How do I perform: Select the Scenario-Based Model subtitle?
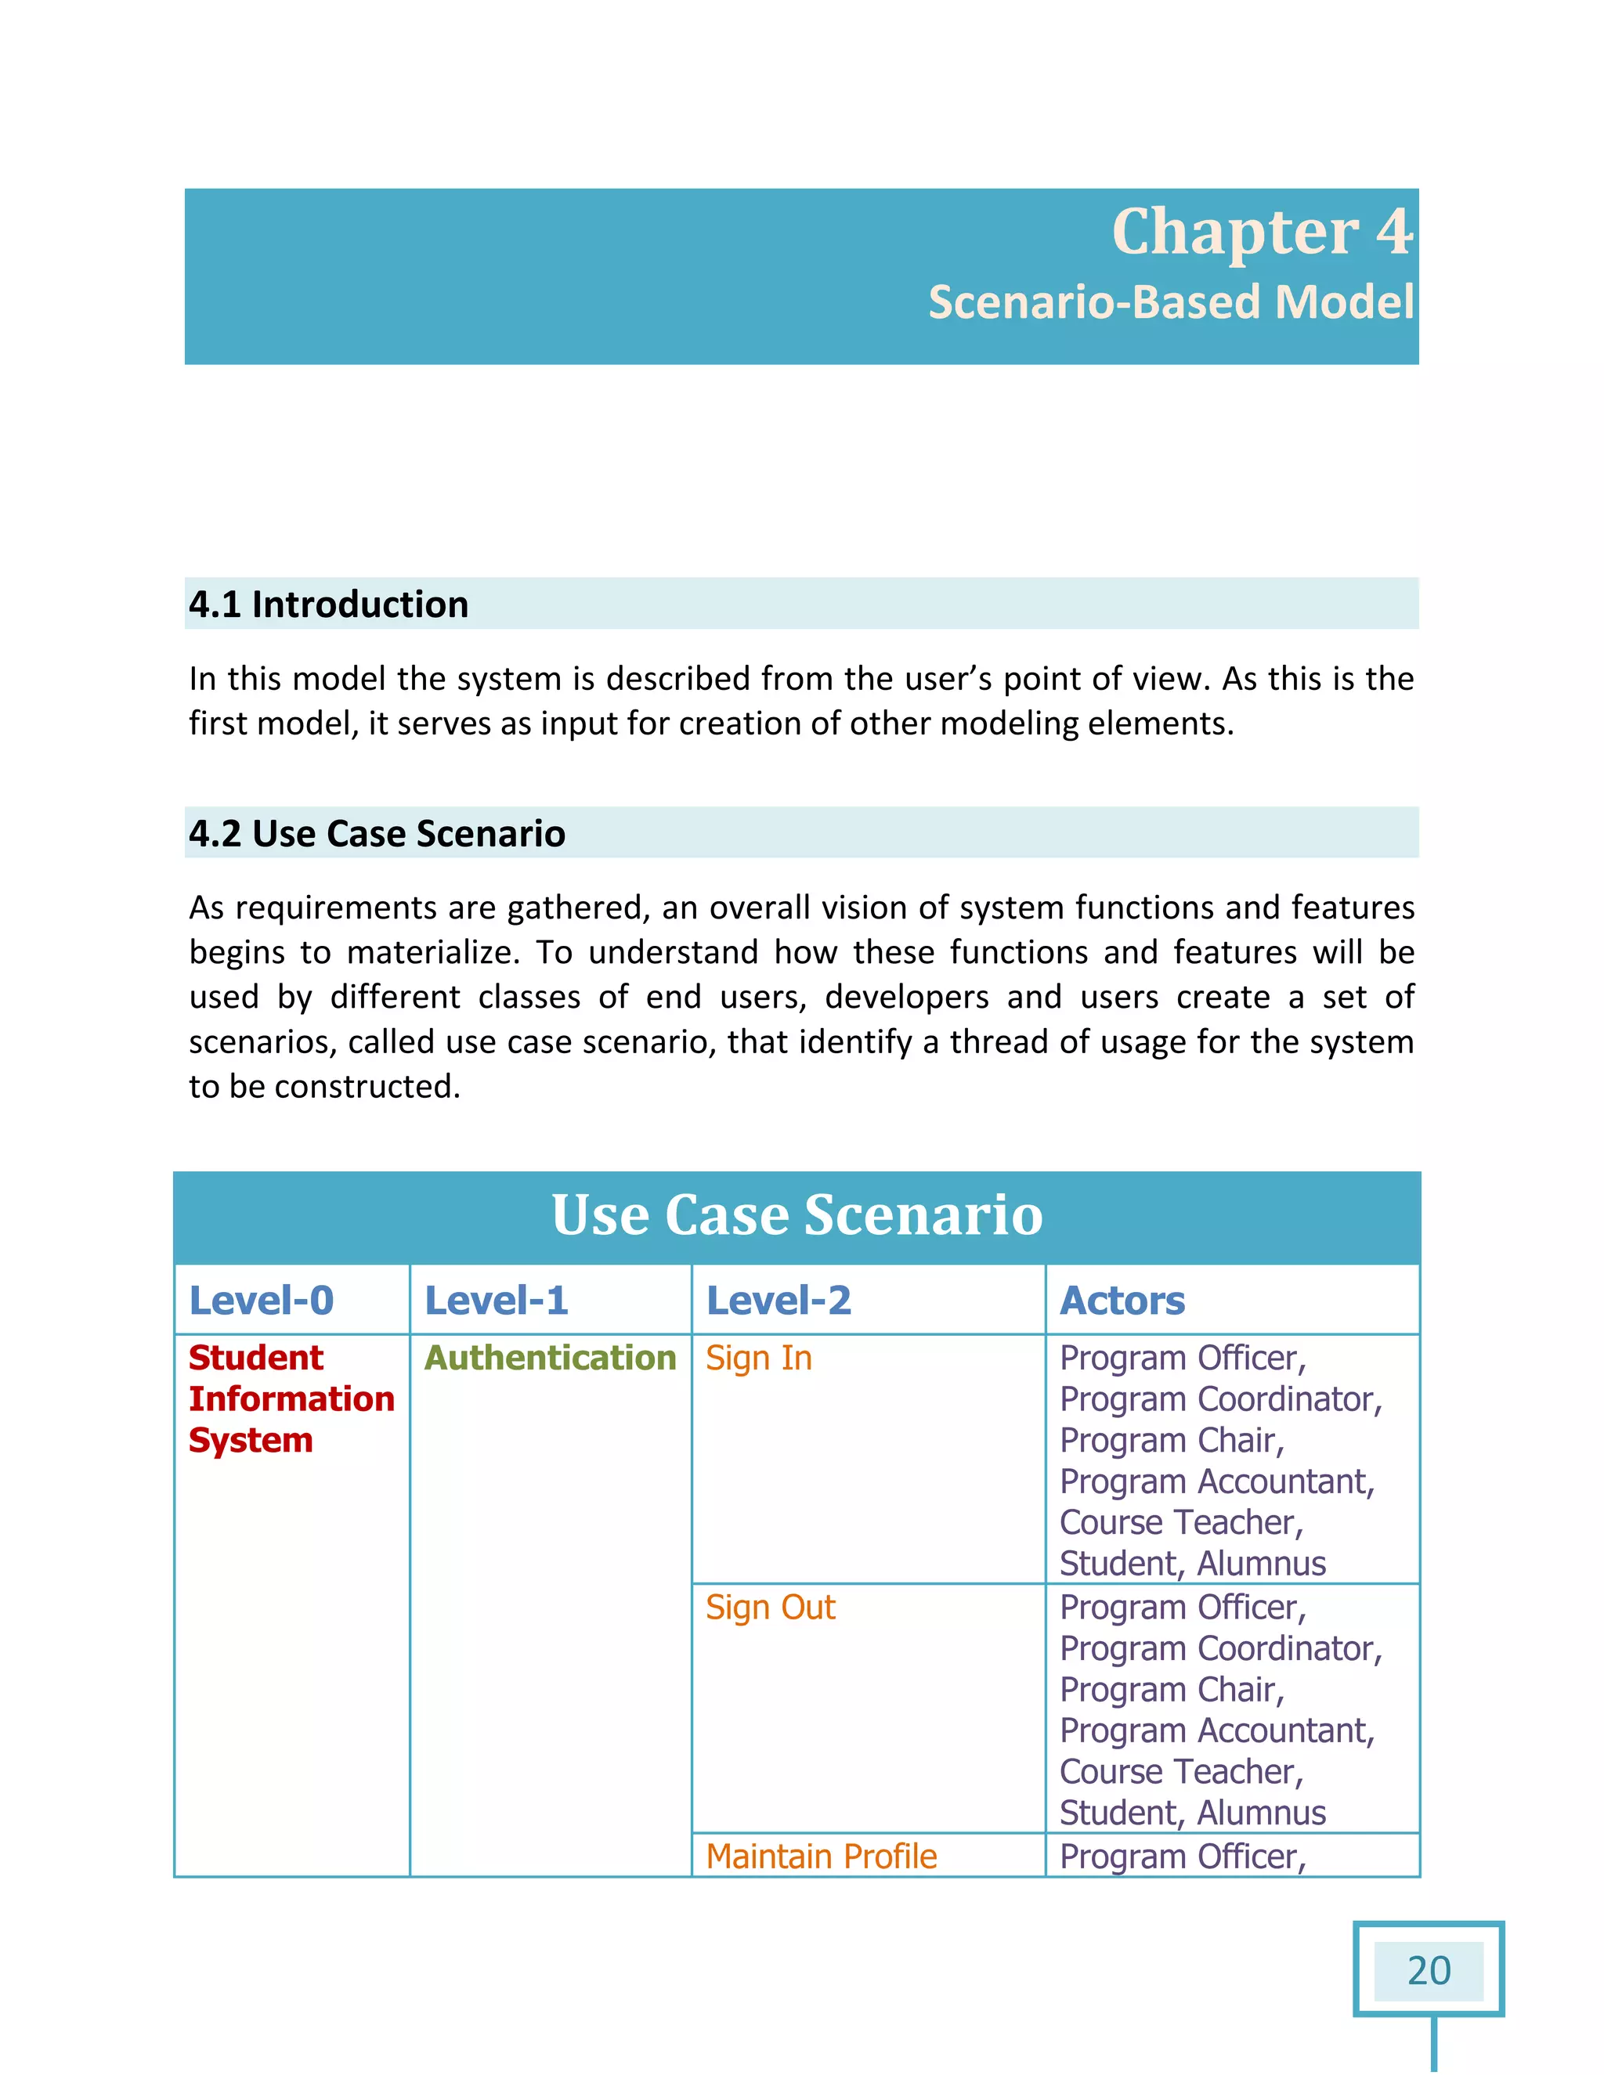pyautogui.click(x=1171, y=302)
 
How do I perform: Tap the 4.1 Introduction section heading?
pyautogui.click(x=328, y=604)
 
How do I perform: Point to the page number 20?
pyautogui.click(x=1429, y=1969)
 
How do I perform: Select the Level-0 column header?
pyautogui.click(x=262, y=1300)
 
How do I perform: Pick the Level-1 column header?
pyautogui.click(x=496, y=1300)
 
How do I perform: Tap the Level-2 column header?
pyautogui.click(x=779, y=1300)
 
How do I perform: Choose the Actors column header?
pyautogui.click(x=1122, y=1300)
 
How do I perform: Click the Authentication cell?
pyautogui.click(x=549, y=1357)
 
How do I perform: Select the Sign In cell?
pyautogui.click(x=758, y=1358)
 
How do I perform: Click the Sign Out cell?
pyautogui.click(x=770, y=1607)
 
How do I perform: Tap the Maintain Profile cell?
pyautogui.click(x=821, y=1856)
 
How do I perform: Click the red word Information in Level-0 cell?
pyautogui.click(x=291, y=1398)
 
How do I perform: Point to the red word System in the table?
pyautogui.click(x=250, y=1439)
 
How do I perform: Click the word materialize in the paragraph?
pyautogui.click(x=432, y=952)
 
